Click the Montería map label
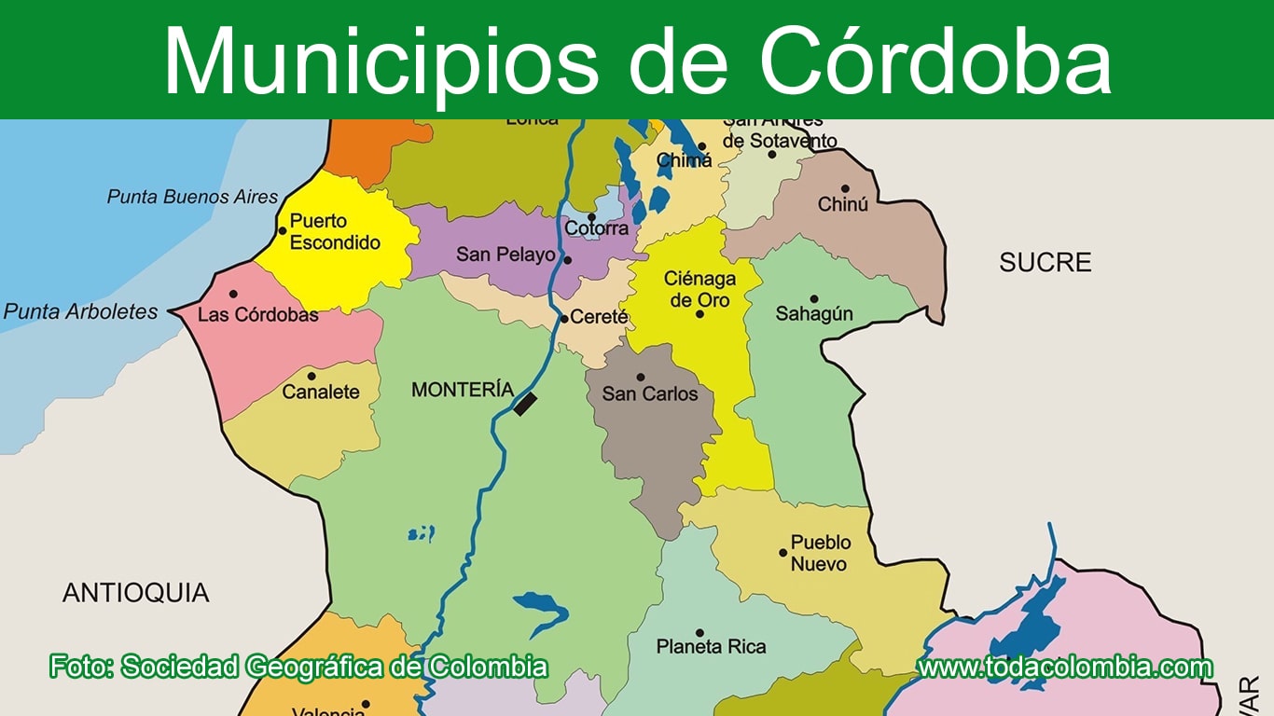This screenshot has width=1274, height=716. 463,390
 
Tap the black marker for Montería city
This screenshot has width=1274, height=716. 526,404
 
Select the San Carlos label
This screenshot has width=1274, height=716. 650,393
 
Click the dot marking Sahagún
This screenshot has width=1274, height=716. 813,298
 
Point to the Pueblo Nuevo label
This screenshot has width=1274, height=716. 820,553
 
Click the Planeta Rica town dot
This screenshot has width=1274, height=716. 699,632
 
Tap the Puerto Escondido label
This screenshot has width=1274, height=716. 335,232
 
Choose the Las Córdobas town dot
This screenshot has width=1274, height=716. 233,294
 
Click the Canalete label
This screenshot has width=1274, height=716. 321,392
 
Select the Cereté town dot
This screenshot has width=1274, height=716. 564,318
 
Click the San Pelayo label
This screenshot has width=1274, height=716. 505,255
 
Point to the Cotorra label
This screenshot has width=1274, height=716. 597,228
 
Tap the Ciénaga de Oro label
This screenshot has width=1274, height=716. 699,289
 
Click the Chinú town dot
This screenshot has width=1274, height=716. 845,188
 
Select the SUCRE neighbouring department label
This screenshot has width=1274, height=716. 1045,263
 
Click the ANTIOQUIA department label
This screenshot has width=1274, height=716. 136,593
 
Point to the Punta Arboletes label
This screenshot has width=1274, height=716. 81,312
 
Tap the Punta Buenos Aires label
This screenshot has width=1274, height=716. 192,197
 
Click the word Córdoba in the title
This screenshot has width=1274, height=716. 935,61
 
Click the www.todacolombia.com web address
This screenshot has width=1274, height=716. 1065,668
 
